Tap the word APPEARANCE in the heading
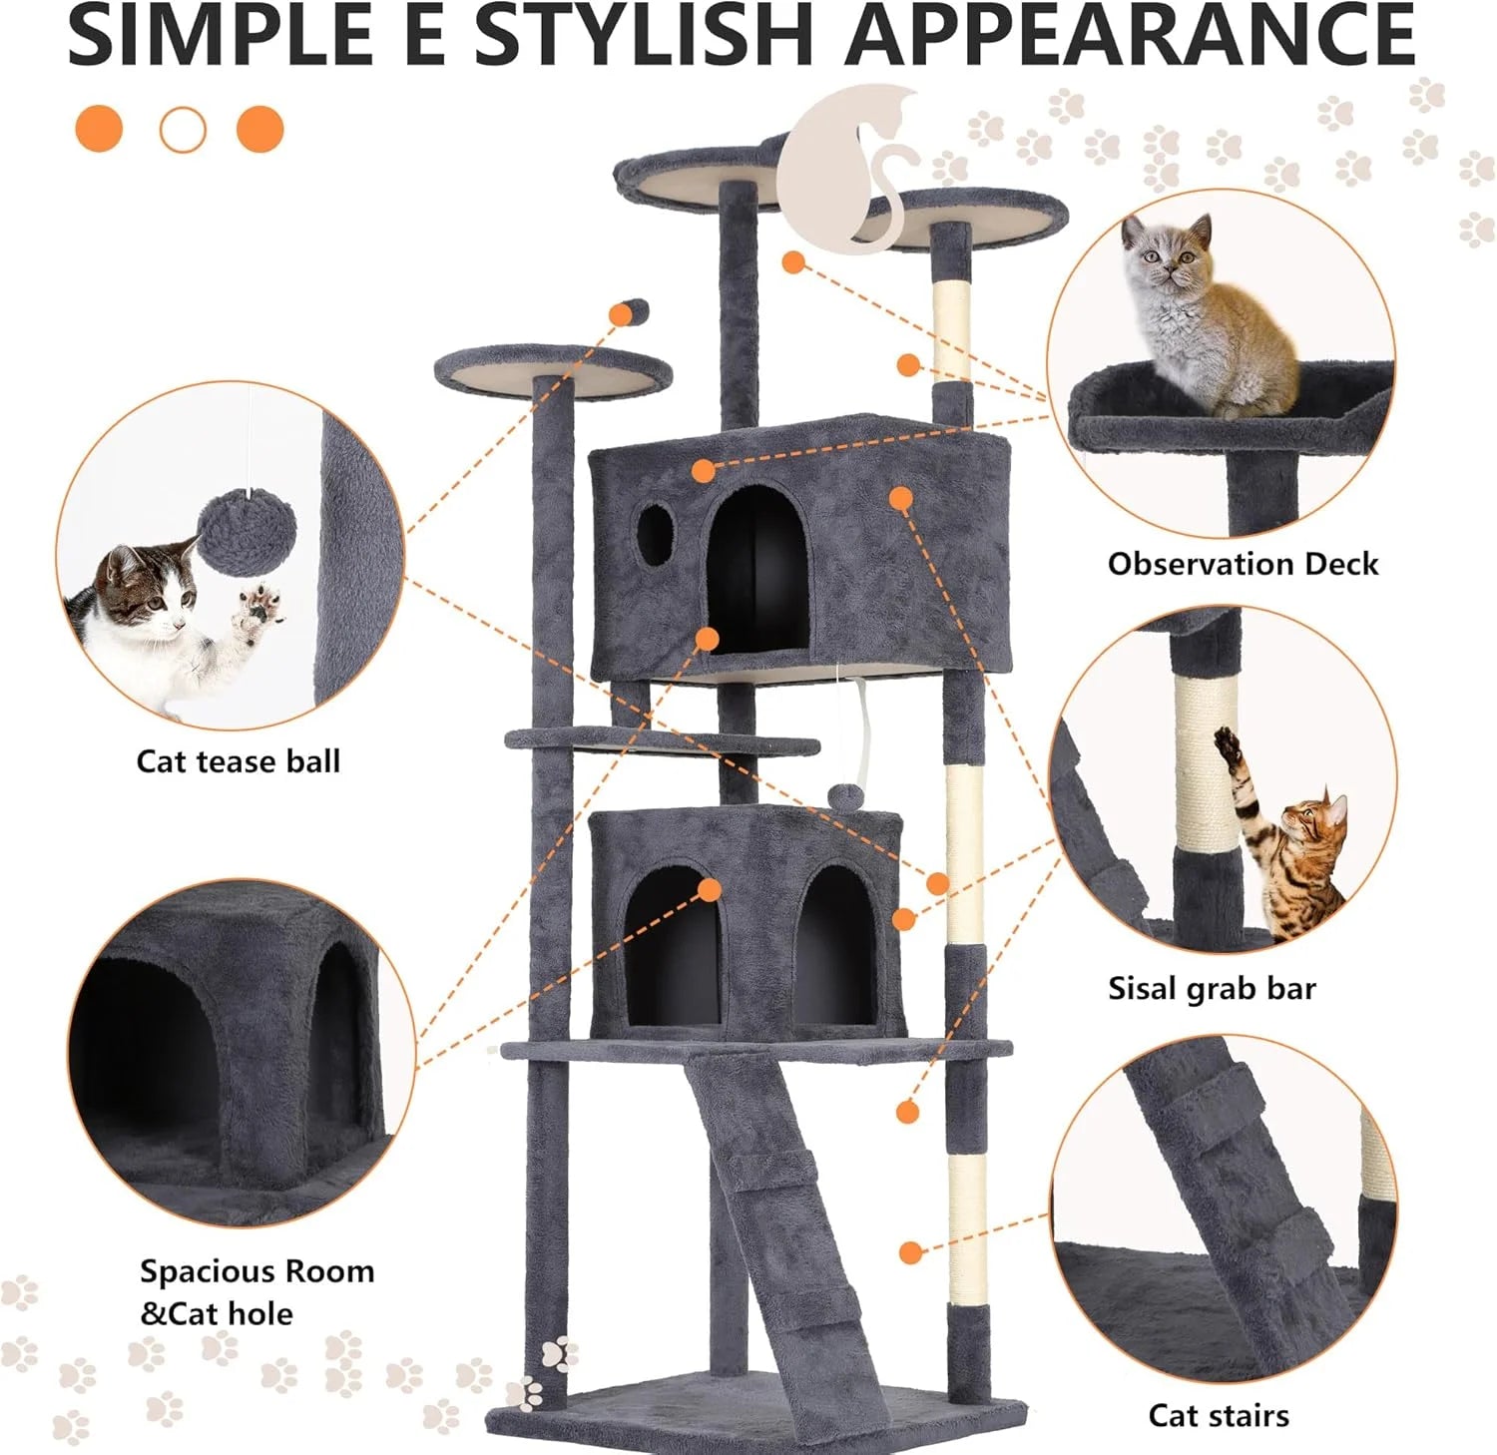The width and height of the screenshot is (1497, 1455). tap(1130, 35)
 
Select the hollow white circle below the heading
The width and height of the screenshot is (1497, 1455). tap(182, 130)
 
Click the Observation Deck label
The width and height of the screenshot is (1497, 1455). tap(1243, 564)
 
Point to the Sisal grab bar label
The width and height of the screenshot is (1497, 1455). tap(1212, 988)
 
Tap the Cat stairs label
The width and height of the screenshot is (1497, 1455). tap(1218, 1415)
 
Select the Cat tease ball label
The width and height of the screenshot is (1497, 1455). tap(238, 761)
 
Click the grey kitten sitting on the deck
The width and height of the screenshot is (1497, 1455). tap(1201, 319)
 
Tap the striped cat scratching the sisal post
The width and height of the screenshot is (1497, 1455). tap(1287, 858)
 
